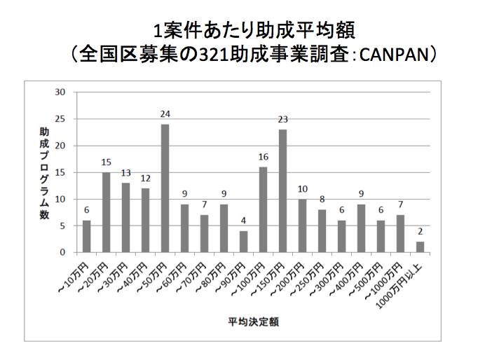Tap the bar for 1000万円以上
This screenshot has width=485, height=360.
click(420, 247)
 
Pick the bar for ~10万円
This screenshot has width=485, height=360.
click(86, 236)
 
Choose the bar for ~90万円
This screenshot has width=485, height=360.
click(243, 241)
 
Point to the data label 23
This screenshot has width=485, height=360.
click(282, 120)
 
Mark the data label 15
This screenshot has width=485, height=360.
click(106, 162)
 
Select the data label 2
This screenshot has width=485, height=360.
click(420, 232)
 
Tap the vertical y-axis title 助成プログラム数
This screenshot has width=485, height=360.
click(43, 171)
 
